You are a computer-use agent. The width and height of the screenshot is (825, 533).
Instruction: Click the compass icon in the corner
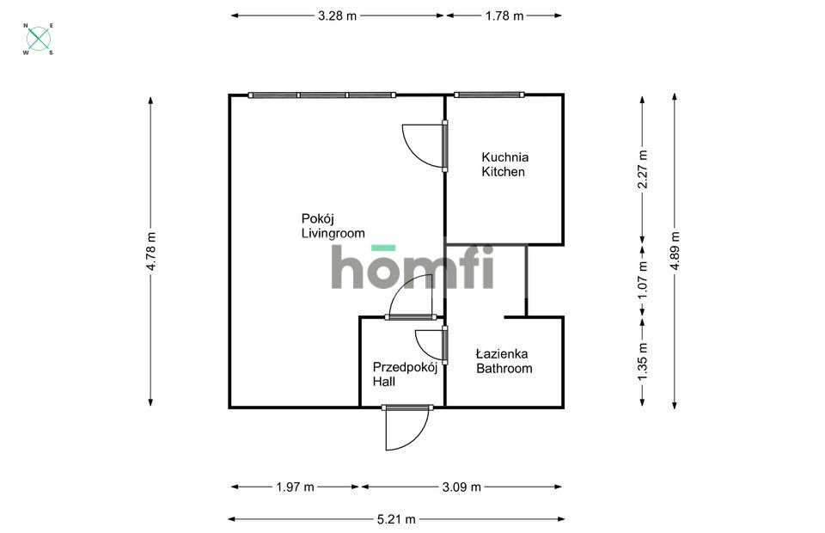(x=39, y=39)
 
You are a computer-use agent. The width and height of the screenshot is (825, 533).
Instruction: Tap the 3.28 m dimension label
(x=337, y=15)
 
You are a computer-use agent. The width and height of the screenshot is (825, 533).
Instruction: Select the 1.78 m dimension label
(x=504, y=15)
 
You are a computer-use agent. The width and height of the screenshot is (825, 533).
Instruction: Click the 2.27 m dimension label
(x=643, y=169)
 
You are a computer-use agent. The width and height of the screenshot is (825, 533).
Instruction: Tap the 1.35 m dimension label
(x=643, y=360)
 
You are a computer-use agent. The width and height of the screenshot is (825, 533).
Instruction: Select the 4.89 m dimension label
(x=675, y=252)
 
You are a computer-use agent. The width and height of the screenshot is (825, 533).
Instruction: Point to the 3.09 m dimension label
(x=461, y=487)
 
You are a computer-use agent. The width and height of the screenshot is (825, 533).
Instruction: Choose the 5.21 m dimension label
(x=397, y=519)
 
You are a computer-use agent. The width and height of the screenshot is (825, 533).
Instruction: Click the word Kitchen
(x=503, y=172)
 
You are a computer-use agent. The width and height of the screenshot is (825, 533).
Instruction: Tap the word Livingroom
(x=333, y=233)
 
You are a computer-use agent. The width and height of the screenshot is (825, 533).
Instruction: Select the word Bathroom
(x=504, y=369)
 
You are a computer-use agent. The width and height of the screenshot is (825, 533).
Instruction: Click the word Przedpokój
(x=405, y=367)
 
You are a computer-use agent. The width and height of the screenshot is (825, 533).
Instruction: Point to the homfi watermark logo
(x=412, y=267)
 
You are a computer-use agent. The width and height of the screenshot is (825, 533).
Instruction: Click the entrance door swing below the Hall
(x=406, y=428)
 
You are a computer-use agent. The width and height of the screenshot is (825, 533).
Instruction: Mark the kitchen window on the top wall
(x=488, y=95)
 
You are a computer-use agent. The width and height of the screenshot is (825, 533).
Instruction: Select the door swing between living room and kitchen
(x=424, y=144)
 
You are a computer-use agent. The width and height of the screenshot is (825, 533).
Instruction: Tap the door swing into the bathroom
(x=430, y=343)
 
